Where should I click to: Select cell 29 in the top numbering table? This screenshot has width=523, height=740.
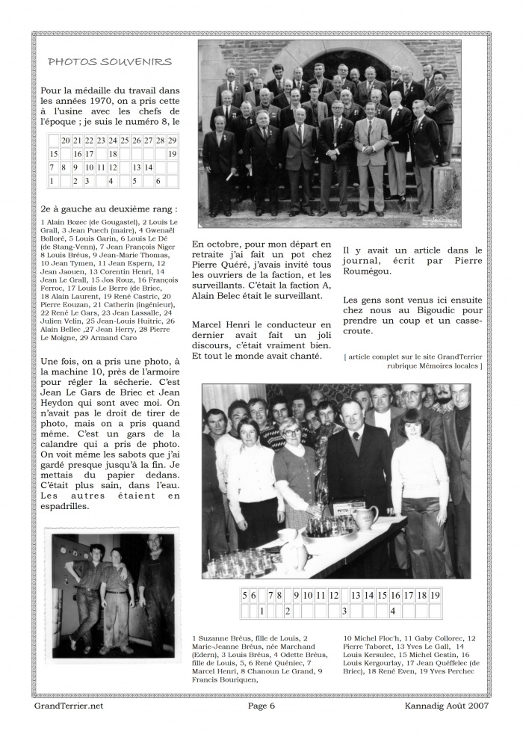[x=172, y=140]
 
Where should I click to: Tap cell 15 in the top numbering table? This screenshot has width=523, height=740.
[x=54, y=154]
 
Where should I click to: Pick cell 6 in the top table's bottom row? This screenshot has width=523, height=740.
[x=158, y=181]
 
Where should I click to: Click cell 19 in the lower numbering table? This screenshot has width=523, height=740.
[x=436, y=596]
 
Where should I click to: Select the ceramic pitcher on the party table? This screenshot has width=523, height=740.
[x=365, y=518]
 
